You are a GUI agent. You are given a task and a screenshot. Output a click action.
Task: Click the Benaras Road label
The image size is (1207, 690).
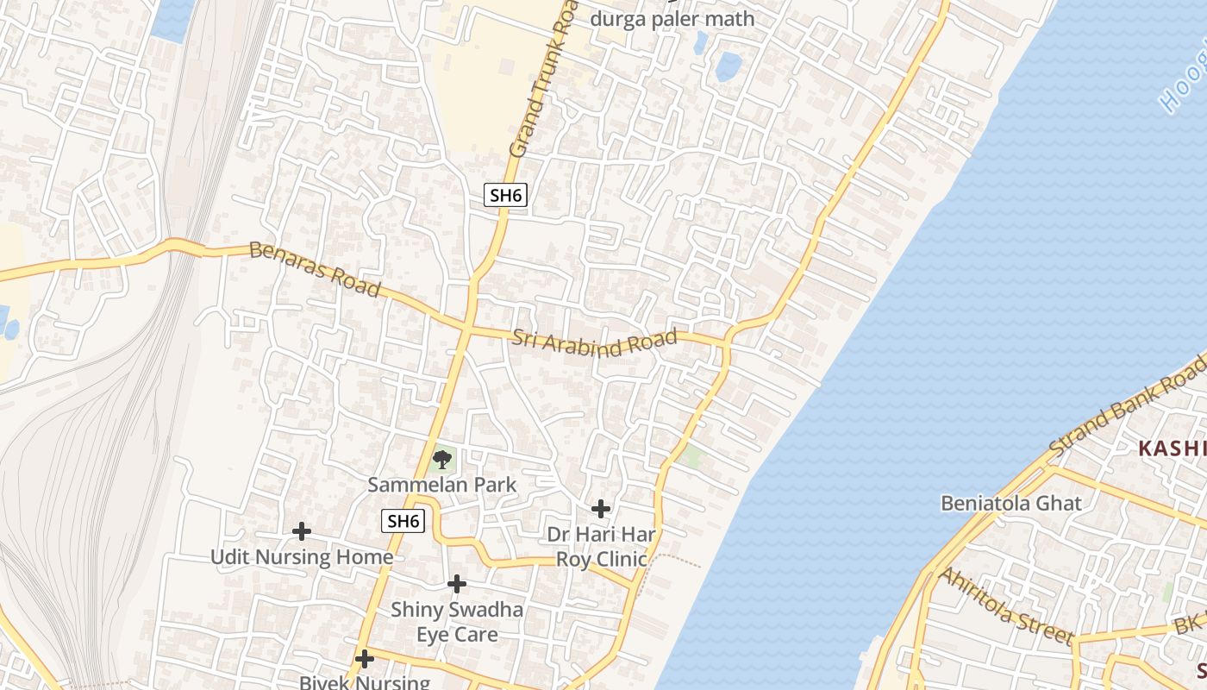(x=314, y=269)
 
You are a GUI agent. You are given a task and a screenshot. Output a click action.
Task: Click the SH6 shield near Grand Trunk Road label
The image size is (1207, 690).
(x=504, y=195)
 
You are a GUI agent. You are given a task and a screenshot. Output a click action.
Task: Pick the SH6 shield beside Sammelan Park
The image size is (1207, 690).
(x=403, y=521)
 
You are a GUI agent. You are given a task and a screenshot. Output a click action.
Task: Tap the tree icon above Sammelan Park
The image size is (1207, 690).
(x=442, y=460)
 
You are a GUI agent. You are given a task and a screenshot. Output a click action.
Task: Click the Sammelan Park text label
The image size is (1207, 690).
(x=442, y=485)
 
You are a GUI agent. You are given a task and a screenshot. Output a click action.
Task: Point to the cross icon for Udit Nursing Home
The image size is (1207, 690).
(x=301, y=531)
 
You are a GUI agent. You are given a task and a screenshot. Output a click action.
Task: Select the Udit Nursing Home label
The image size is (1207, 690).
(x=302, y=557)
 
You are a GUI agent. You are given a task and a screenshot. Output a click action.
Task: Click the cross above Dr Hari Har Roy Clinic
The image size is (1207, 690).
(x=601, y=509)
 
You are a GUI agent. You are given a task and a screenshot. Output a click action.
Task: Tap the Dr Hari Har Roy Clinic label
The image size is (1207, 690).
(x=601, y=547)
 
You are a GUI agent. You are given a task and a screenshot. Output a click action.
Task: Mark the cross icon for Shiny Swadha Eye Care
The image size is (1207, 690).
(x=457, y=585)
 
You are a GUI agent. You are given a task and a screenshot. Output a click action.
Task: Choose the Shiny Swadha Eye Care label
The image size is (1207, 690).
(x=457, y=622)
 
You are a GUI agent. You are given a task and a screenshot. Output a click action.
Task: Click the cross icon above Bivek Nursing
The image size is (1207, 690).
(x=365, y=659)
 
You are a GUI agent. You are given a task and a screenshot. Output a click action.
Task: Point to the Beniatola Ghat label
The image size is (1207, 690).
(x=1010, y=503)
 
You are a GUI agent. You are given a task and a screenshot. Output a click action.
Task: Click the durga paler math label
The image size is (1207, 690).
(x=672, y=19)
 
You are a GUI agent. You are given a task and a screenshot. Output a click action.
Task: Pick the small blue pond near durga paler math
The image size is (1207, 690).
(x=729, y=66)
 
